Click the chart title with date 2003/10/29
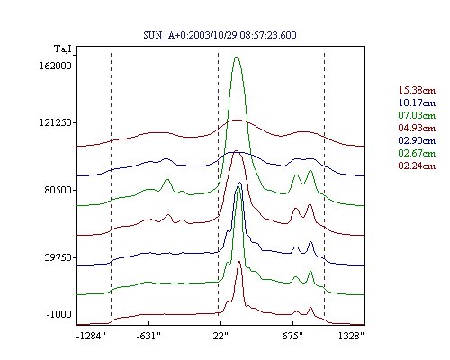(220, 35)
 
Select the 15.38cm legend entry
(417, 90)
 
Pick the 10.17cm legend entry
(417, 103)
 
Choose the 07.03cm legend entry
(417, 115)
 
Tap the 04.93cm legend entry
(417, 128)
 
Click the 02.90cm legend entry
(417, 140)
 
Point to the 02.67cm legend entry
(417, 153)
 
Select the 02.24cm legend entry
(417, 166)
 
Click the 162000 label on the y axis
(56, 66)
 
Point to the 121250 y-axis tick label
(56, 122)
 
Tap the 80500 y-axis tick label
(58, 190)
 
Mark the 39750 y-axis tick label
(58, 257)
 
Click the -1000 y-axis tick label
(58, 314)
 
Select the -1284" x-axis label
(91, 336)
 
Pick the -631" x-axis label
(148, 336)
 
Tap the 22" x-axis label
(220, 336)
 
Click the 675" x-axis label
(292, 336)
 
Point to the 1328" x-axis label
(351, 336)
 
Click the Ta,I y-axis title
(63, 49)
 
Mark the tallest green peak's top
(237, 57)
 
